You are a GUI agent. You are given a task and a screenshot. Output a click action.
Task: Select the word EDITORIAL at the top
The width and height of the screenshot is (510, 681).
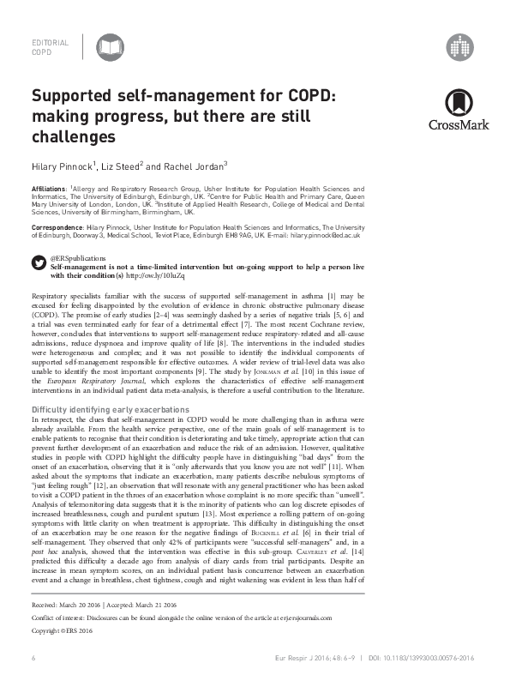[x=49, y=41]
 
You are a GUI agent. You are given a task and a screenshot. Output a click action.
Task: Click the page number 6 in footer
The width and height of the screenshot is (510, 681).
[x=33, y=658]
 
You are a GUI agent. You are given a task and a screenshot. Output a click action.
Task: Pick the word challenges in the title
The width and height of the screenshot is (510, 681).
[x=74, y=136]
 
